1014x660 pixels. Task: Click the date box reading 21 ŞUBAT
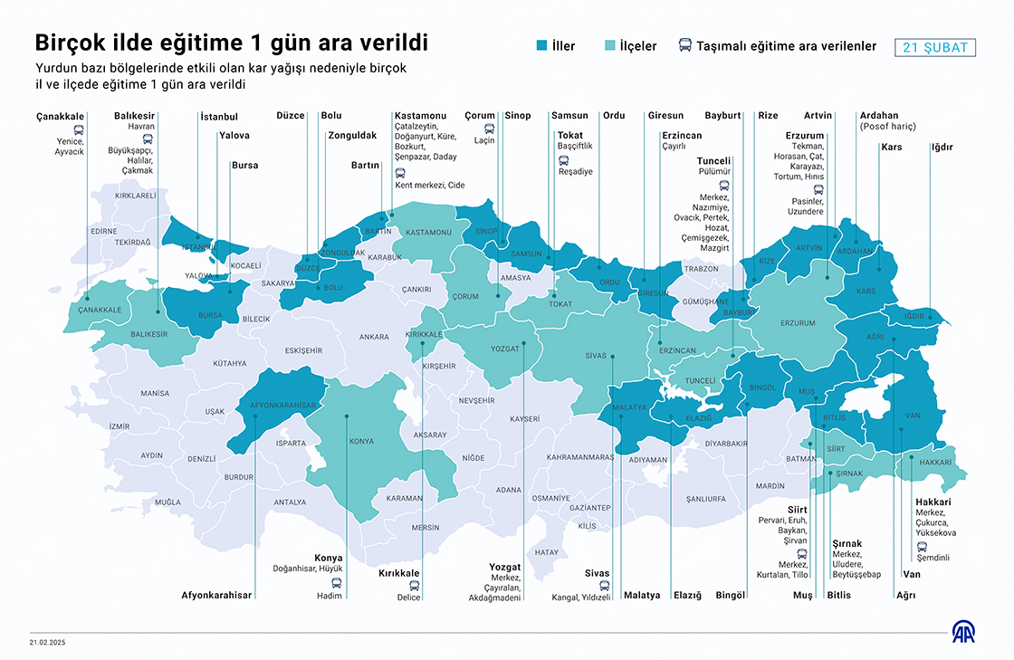tap(934, 48)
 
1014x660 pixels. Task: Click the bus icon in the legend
tap(685, 45)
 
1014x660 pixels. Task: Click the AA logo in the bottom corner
tap(962, 632)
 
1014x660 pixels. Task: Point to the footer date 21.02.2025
tap(47, 643)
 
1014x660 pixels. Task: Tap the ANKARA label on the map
tap(374, 337)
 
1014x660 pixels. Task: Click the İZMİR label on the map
tap(119, 426)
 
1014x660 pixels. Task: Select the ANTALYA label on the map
tap(290, 502)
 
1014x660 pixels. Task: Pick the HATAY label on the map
tap(547, 551)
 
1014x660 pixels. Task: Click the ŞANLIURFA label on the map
tap(706, 499)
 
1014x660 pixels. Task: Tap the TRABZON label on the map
tap(701, 269)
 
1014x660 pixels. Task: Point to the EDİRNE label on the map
tap(104, 231)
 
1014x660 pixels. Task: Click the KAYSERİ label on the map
tap(524, 419)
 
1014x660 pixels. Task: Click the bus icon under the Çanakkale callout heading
tap(79, 129)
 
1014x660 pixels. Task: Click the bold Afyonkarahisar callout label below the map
tap(216, 595)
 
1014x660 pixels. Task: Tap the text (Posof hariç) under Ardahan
tap(887, 127)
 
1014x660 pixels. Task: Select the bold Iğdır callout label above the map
tap(942, 147)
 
